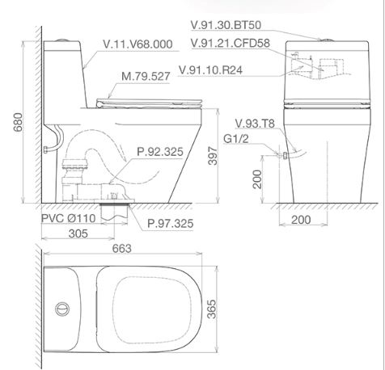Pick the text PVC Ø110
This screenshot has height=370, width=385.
68,218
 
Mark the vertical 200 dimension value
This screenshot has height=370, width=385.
256,179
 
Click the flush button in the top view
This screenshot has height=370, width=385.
59,309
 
